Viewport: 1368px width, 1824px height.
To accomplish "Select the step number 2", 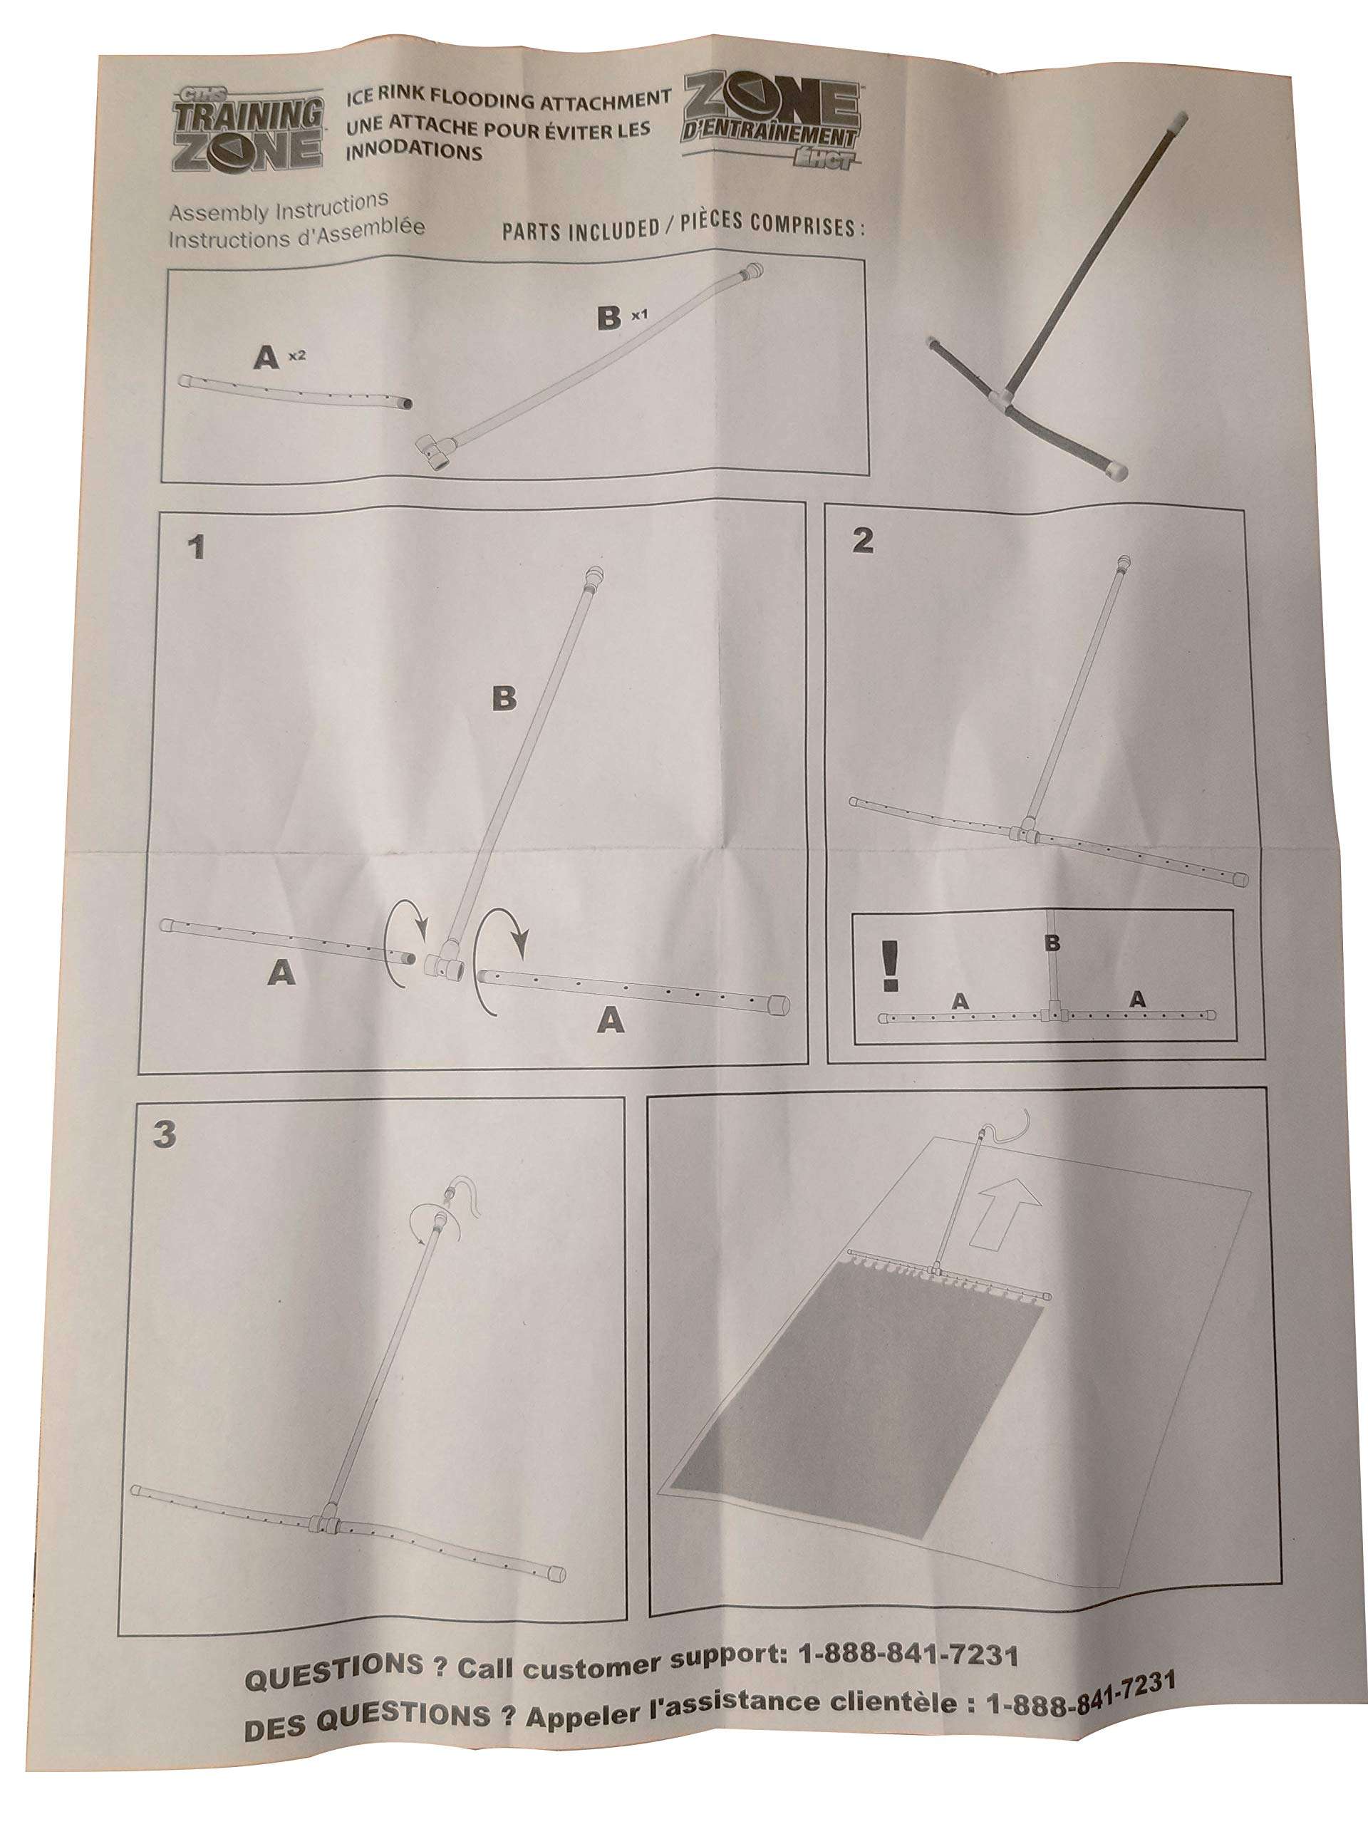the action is [863, 540].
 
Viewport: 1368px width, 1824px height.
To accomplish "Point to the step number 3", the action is [165, 1134].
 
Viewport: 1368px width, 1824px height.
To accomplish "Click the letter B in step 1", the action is [504, 698].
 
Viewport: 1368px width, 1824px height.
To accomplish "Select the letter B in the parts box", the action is [608, 318].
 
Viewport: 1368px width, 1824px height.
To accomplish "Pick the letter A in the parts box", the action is [266, 358].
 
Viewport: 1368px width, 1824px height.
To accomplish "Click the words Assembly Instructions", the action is [279, 206].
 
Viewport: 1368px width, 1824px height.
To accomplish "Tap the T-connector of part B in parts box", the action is [436, 451].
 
